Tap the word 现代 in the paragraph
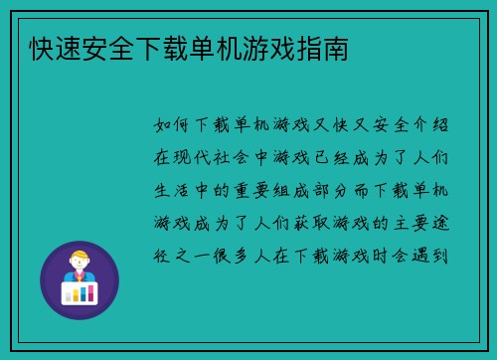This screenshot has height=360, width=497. (199, 157)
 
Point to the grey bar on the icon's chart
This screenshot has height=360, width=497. (83, 294)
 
